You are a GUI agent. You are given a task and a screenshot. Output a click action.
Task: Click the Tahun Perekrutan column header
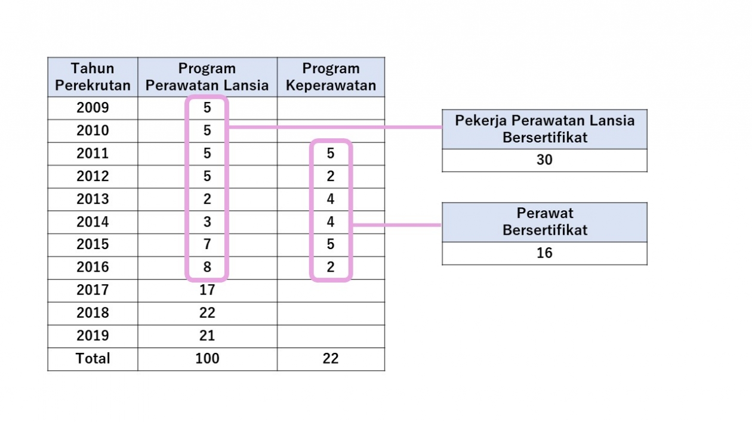point(93,77)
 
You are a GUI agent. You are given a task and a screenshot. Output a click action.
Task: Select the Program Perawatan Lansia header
point(207,77)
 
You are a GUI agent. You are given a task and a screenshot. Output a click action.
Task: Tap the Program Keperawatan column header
point(331,77)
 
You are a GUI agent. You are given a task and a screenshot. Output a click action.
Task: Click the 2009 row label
point(93,108)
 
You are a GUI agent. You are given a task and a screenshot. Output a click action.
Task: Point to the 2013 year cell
point(93,199)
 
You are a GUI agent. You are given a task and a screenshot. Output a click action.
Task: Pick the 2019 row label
point(93,336)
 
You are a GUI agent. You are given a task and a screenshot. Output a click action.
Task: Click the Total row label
point(93,358)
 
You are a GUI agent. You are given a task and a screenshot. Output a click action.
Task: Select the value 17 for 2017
point(207,290)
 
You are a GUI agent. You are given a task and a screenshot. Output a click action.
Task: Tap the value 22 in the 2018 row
point(207,313)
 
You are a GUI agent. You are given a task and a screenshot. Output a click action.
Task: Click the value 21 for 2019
point(207,336)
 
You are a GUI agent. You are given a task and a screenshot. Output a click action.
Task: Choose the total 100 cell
point(207,358)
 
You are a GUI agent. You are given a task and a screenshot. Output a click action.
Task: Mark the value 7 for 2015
point(207,244)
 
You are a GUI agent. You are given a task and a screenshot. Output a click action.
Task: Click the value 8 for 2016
point(207,267)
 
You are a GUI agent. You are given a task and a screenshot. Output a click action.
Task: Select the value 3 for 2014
point(207,222)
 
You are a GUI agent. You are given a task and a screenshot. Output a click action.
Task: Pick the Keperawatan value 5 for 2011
point(331,154)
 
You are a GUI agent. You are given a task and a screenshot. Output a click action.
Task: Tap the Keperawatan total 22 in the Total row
point(331,358)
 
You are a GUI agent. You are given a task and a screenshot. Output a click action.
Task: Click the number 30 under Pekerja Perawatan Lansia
point(544,160)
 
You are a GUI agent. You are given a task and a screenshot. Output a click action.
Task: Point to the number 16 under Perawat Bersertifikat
point(544,253)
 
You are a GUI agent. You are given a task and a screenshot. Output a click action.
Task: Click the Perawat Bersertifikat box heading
point(545,222)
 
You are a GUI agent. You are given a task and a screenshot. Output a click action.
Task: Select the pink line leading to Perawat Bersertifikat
point(397,225)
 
